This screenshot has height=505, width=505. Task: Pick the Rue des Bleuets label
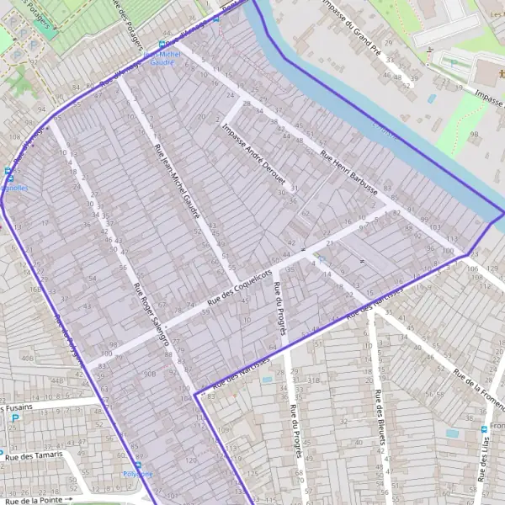(380, 417)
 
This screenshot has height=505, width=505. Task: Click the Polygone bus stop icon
(138, 465)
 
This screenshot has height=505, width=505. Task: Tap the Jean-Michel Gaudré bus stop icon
(162, 45)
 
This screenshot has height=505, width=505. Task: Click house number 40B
(29, 359)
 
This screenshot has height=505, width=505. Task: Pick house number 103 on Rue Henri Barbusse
(434, 227)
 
